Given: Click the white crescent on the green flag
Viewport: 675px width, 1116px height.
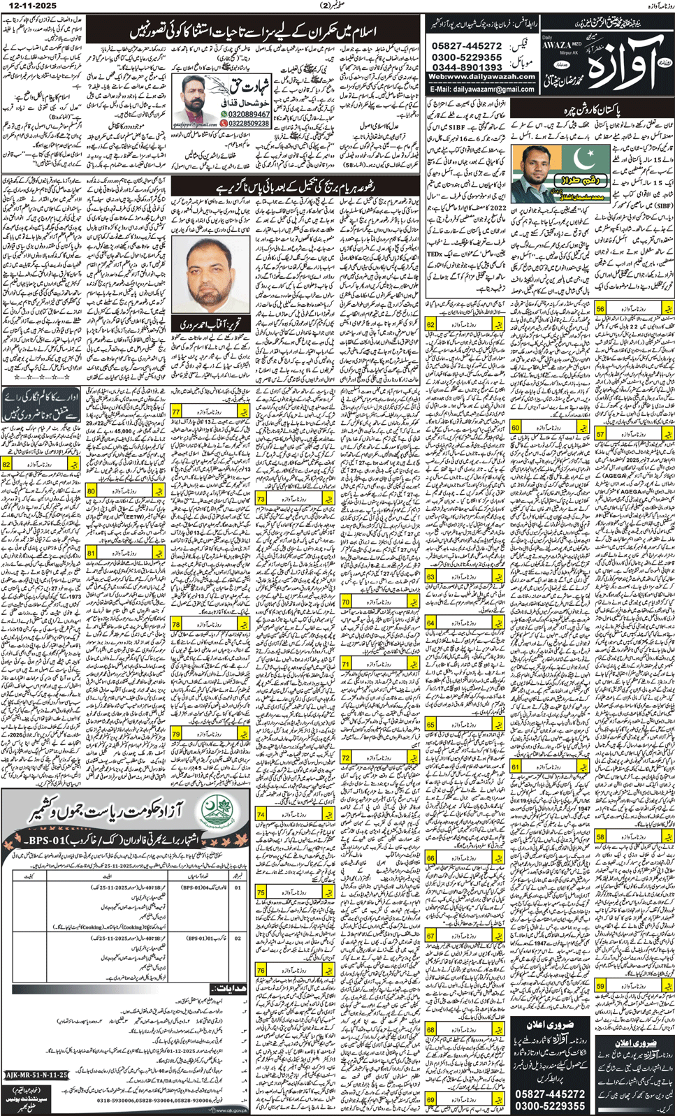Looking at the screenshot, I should pos(585,161).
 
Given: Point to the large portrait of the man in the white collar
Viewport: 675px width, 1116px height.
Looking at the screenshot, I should pos(210,276).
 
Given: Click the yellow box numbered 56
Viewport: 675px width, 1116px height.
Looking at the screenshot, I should pos(601,308).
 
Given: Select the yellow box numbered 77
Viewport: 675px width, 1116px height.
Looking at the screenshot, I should pos(177,412).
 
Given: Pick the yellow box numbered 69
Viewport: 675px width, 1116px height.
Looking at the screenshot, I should pos(430,1099).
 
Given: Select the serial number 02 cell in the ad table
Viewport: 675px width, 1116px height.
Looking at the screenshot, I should pos(238,939).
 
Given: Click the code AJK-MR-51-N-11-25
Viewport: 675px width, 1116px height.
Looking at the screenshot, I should pos(36,1075).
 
